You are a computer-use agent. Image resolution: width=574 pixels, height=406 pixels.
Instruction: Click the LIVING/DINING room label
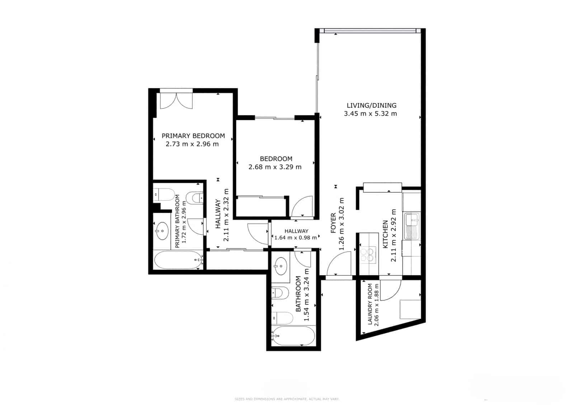click(371, 105)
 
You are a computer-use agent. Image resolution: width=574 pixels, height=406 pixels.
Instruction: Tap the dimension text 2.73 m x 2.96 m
click(192, 144)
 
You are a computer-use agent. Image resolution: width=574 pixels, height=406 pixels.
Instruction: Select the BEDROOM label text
click(276, 159)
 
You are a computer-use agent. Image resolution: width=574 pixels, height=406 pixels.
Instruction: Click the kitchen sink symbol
click(412, 227)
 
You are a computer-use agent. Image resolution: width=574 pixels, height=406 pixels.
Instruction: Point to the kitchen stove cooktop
click(368, 254)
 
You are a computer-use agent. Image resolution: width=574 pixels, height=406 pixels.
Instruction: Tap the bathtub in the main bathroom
click(293, 336)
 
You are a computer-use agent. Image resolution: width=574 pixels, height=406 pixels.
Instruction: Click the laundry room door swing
click(390, 290)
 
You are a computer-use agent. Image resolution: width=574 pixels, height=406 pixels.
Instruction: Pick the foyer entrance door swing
click(339, 264)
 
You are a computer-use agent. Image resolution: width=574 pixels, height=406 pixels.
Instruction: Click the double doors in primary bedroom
click(176, 101)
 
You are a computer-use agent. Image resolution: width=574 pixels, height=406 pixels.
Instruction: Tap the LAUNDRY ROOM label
click(370, 304)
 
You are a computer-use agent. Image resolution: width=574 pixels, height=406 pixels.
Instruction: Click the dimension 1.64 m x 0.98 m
click(296, 237)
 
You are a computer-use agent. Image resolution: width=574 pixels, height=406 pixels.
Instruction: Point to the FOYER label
click(333, 223)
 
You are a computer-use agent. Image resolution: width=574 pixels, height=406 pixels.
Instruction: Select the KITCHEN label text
click(385, 234)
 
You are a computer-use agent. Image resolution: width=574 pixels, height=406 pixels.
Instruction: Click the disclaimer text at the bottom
click(287, 399)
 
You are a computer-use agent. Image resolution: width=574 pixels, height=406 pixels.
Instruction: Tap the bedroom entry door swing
click(302, 206)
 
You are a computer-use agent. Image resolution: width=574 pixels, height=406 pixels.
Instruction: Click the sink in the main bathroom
click(280, 266)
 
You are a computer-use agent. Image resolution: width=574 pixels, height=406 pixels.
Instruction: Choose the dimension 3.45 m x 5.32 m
click(370, 114)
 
